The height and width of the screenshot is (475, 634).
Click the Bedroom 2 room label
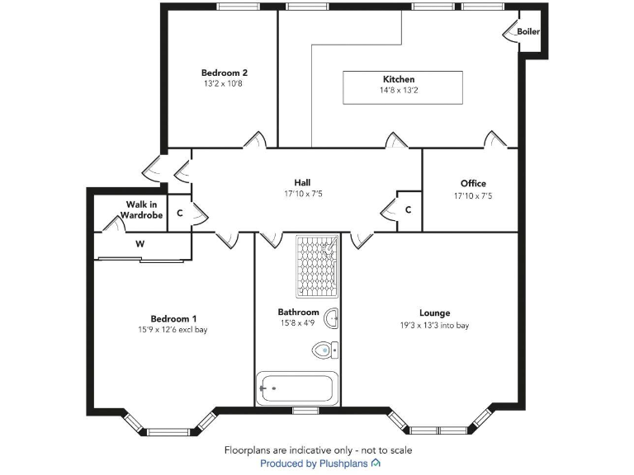pos(225,73)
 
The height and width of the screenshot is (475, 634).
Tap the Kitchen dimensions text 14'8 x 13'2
pos(398,91)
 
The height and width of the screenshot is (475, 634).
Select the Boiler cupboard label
pos(528,31)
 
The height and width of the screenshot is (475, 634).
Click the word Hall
pos(302,182)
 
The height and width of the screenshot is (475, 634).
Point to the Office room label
pos(473,183)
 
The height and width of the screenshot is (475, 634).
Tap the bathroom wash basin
pos(332,318)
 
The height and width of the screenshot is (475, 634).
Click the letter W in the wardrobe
pos(140,244)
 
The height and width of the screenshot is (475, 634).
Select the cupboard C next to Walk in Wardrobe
pos(179,213)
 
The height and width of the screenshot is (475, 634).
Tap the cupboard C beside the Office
pos(408,209)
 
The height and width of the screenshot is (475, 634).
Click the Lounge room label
pos(434,313)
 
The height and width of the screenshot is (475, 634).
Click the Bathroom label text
pos(298,313)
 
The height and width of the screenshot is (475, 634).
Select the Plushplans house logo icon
pos(376,464)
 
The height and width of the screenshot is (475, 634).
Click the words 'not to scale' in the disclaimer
pos(385,450)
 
